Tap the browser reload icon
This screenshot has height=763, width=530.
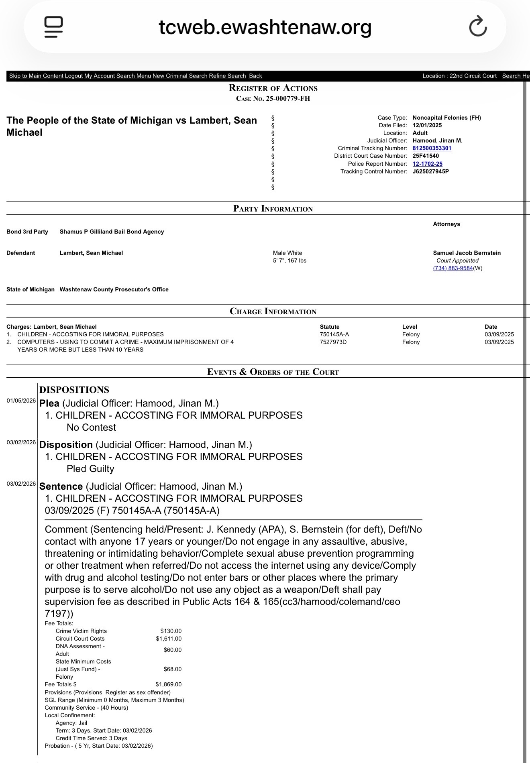tap(478, 26)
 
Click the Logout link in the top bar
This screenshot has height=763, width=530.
tap(74, 76)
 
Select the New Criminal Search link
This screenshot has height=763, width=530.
tap(180, 76)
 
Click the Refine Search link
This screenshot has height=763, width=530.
tap(227, 76)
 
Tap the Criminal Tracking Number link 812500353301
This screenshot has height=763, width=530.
tap(432, 148)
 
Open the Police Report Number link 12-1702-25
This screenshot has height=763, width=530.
tap(428, 164)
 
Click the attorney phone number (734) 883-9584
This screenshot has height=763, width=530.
tap(453, 268)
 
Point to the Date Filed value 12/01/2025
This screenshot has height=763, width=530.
tap(427, 125)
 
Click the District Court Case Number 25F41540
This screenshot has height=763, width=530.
tap(426, 156)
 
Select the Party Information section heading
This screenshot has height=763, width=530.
tap(273, 209)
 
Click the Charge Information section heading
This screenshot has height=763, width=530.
tap(273, 311)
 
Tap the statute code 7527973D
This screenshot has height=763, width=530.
tap(333, 342)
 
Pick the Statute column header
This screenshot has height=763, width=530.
tap(330, 327)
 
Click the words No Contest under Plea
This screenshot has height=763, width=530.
tap(91, 427)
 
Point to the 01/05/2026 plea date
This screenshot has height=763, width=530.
tap(21, 401)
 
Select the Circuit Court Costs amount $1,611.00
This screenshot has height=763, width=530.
tap(169, 639)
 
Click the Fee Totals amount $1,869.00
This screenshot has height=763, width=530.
tap(169, 684)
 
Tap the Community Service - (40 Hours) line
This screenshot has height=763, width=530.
tap(86, 708)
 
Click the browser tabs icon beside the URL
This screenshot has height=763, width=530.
tap(53, 26)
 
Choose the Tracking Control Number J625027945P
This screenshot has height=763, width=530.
tap(431, 171)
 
